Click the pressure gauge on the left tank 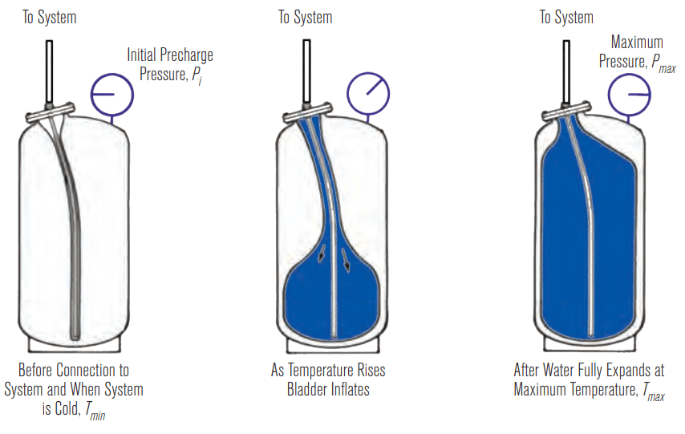coord(111,94)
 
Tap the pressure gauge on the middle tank coord(367,94)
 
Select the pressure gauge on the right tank coord(628,94)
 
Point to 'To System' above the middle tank coord(306,18)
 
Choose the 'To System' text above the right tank coord(566,18)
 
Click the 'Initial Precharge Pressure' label coord(170,66)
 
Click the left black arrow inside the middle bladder coord(322,254)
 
